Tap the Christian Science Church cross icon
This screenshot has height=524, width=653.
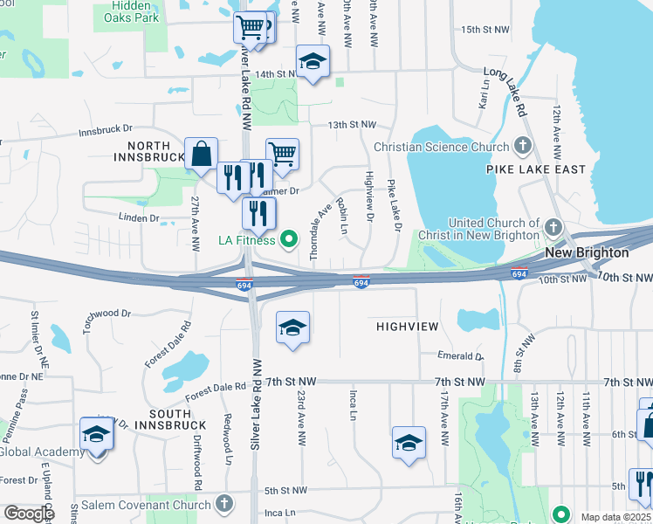[523, 146]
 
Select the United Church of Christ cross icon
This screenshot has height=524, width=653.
[552, 229]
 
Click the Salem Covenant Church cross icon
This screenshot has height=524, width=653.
[224, 504]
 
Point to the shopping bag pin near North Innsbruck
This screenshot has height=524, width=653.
[201, 154]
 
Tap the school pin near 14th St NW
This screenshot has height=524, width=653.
[313, 62]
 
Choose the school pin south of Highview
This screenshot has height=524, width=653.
[408, 443]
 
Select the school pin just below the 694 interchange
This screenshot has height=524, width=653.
[292, 327]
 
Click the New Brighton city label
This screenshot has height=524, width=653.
[587, 252]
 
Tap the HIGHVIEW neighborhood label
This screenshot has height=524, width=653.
[408, 326]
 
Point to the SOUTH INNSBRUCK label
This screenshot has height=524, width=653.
[158, 419]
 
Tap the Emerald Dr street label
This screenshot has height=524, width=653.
[460, 356]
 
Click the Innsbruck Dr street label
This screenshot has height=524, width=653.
[105, 132]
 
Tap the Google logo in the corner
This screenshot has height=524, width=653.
[28, 514]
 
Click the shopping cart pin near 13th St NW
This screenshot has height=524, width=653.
[282, 155]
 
